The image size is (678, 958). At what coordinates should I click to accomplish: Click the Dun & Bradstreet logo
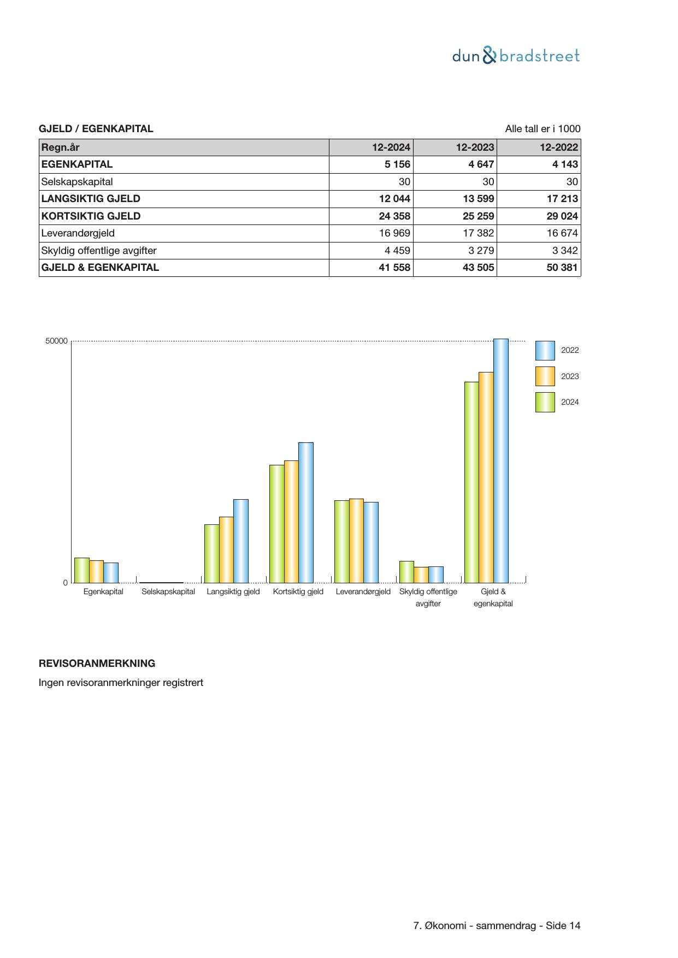coord(516,56)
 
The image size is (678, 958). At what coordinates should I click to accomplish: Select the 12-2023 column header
coord(475,147)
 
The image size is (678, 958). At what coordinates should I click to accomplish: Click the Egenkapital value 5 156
coord(397,164)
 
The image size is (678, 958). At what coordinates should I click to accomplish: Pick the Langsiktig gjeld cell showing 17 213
coord(562,199)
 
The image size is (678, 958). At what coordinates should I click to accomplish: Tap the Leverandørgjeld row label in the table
coord(78,233)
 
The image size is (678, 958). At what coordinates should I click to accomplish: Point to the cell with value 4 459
coord(397,251)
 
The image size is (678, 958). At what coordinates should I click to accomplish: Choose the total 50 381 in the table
coord(562,268)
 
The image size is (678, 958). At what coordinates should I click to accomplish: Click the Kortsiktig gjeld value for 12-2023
coord(478,216)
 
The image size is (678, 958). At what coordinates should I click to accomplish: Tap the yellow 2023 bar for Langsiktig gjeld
coord(226,549)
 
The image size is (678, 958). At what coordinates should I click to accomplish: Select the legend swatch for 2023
coord(545,376)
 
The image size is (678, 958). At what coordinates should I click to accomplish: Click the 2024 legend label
coord(570,402)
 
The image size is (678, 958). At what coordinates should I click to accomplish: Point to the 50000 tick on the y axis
coord(56,341)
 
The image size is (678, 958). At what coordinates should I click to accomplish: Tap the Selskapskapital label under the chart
coord(168,592)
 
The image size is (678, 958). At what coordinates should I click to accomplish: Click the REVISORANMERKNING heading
coord(97,664)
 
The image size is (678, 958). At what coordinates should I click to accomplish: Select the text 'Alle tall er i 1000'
coord(543,129)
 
